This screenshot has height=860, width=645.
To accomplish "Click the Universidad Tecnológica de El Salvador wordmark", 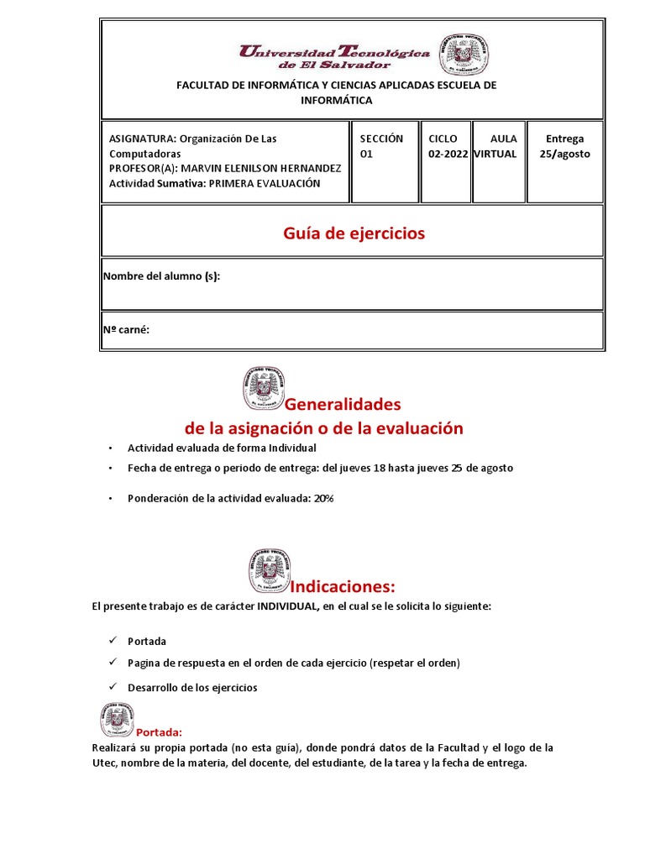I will (x=334, y=57).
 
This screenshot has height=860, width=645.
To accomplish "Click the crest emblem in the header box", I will (x=459, y=54).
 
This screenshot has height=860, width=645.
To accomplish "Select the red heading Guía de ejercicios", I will (x=353, y=233).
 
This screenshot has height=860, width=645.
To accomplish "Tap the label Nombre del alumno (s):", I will (x=161, y=276).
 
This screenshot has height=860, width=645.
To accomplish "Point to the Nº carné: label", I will (x=126, y=330).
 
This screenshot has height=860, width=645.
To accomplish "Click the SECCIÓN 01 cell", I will (x=382, y=146).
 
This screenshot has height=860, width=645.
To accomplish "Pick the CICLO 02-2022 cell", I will (x=447, y=146).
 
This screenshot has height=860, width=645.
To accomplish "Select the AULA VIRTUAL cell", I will (x=497, y=146).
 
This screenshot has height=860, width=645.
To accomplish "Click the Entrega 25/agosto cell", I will (x=564, y=146).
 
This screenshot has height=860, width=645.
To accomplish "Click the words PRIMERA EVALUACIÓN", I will (x=265, y=184).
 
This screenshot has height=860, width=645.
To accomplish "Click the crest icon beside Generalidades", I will (x=264, y=387).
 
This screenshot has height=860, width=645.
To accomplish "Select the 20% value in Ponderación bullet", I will (x=323, y=498).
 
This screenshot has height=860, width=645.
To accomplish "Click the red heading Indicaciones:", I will (x=342, y=585).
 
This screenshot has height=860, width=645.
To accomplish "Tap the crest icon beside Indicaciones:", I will (x=269, y=571).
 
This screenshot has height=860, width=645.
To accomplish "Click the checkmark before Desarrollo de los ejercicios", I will (x=111, y=687).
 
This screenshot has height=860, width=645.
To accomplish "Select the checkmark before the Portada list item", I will (x=111, y=641).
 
